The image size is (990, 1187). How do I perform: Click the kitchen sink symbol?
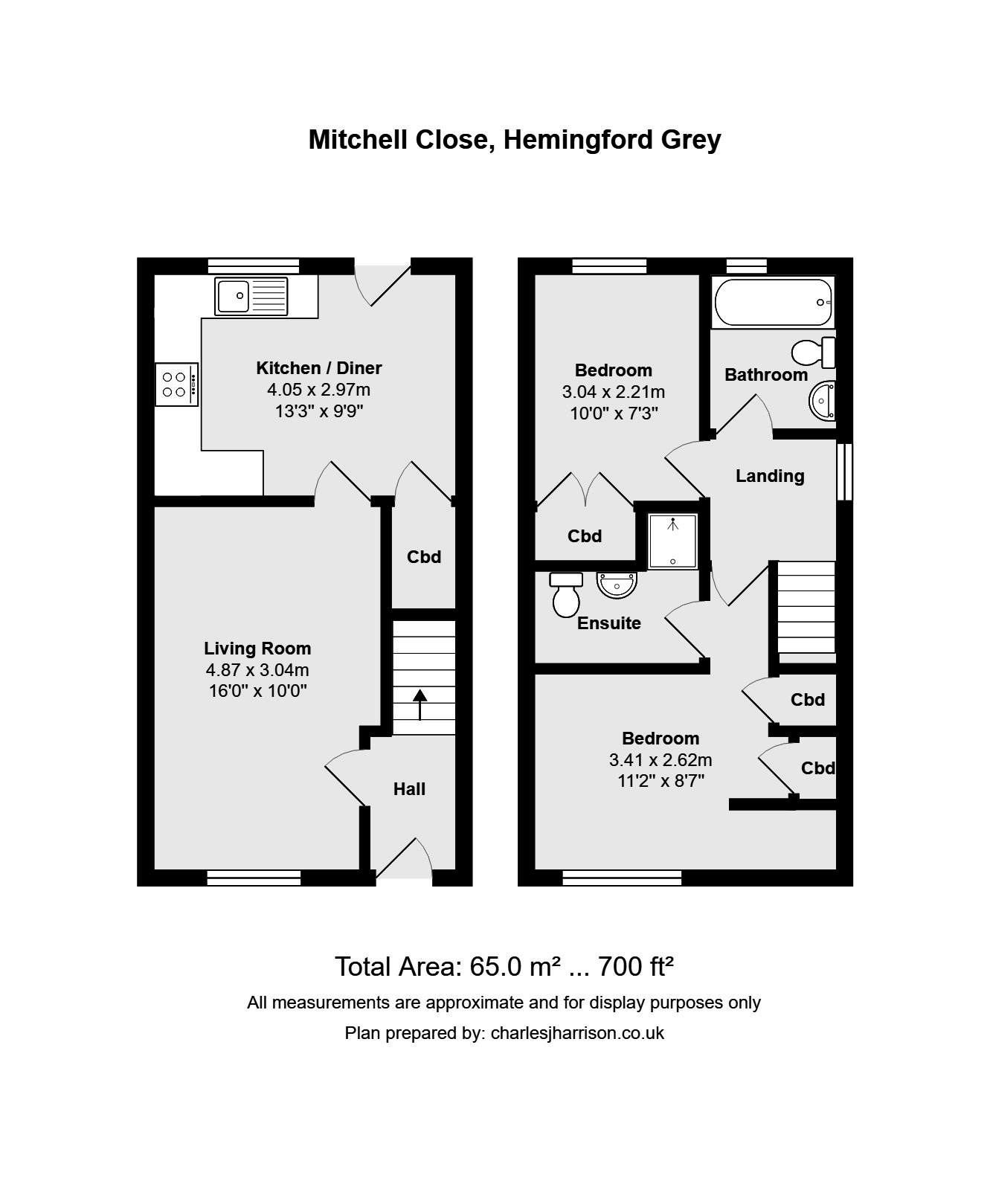[251, 296]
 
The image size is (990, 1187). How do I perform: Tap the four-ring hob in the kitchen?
[176, 385]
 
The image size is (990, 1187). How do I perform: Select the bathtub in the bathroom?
[772, 303]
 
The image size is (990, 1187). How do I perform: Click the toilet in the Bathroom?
[813, 351]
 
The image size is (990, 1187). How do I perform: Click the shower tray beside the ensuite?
[672, 541]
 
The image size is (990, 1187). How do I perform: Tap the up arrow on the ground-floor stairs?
[420, 704]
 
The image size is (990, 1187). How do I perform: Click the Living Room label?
[257, 649]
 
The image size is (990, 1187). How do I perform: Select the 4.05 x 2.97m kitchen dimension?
[318, 389]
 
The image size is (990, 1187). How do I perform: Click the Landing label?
[770, 476]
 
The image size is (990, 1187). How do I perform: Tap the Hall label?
[409, 789]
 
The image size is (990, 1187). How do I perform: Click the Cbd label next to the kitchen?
[423, 557]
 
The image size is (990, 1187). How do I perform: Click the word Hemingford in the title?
[576, 140]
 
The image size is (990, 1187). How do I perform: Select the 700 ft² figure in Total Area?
[636, 966]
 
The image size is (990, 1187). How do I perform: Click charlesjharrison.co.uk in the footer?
[577, 1033]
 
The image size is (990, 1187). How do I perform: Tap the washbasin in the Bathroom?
[823, 401]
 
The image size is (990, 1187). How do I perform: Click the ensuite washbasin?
[617, 585]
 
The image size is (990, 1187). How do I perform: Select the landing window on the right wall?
[843, 472]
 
